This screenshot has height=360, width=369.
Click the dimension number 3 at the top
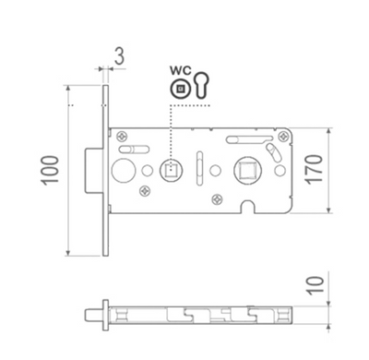coord(120,55)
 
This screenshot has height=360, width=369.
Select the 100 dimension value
coord(50,171)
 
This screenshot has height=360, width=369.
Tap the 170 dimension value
coord(315,170)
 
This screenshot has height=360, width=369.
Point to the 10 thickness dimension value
coord(315,285)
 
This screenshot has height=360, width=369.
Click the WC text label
coord(181,71)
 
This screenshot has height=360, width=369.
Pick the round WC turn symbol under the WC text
coord(180,90)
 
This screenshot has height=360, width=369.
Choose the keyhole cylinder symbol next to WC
coord(201,86)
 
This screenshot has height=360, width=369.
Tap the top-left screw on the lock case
coord(123,136)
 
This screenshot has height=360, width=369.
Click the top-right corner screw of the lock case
coord(282,137)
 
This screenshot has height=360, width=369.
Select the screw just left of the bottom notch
coord(217,199)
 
